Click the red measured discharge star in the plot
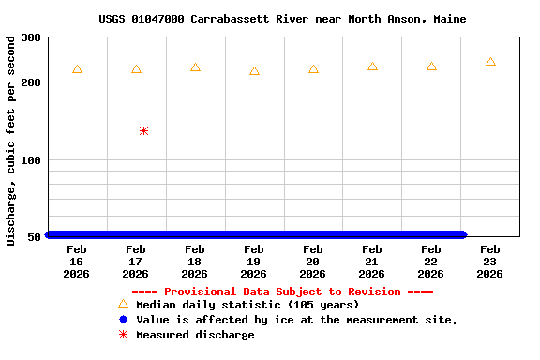[143, 131]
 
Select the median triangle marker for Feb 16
[77, 69]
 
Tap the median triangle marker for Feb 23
[490, 62]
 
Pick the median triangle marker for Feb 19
[254, 71]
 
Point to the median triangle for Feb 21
[372, 67]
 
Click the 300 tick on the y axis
[31, 37]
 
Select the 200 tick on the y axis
[31, 82]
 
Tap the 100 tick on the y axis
[31, 160]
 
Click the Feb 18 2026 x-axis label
[195, 262]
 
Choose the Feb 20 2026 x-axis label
[313, 262]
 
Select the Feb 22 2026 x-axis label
[431, 262]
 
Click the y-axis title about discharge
[11, 141]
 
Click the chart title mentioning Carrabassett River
[282, 19]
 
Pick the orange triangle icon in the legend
[123, 304]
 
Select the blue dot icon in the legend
[123, 320]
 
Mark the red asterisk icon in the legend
[123, 335]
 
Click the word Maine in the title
[449, 19]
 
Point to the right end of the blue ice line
[462, 235]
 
